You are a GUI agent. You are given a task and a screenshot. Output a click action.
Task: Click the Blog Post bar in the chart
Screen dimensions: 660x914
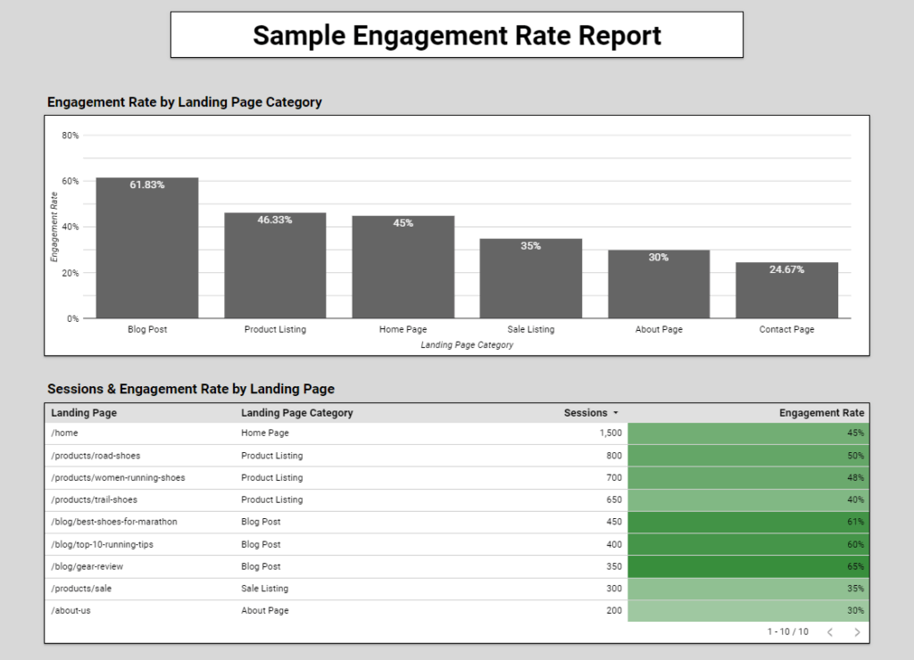click(147, 250)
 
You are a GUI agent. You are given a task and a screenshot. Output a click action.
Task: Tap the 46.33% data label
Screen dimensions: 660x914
click(275, 219)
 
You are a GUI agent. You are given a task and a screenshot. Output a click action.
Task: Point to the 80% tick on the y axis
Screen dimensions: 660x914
click(70, 136)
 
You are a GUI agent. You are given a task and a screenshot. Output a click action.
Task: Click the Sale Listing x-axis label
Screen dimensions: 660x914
click(530, 330)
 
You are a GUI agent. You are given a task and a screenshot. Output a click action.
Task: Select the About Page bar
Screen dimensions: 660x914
click(659, 285)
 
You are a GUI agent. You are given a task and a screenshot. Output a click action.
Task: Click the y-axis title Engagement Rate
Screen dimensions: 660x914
click(54, 227)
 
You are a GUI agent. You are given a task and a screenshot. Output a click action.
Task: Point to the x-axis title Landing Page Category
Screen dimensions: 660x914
click(467, 345)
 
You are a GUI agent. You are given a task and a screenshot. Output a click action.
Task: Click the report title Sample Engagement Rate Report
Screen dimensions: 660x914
click(456, 36)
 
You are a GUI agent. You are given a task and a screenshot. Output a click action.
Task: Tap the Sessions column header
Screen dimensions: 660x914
click(585, 413)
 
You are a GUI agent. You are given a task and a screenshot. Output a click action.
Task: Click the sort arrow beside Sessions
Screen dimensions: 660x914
click(615, 414)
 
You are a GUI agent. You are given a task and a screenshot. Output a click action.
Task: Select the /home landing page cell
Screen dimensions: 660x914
click(64, 433)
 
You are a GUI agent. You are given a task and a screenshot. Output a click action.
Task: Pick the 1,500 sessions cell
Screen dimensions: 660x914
click(611, 433)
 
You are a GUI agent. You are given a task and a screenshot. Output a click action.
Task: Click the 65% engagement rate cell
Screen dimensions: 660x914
click(748, 566)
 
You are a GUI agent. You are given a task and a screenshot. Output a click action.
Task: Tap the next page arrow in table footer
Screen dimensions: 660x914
click(857, 632)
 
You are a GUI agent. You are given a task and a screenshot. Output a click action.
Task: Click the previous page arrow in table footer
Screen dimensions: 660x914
click(829, 632)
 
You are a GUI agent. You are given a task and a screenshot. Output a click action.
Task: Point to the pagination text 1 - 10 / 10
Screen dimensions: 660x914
click(787, 632)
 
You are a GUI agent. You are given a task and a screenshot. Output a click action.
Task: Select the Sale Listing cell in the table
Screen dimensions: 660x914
click(264, 589)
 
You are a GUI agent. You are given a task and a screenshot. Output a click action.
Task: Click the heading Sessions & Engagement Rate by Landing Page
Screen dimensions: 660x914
click(191, 389)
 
